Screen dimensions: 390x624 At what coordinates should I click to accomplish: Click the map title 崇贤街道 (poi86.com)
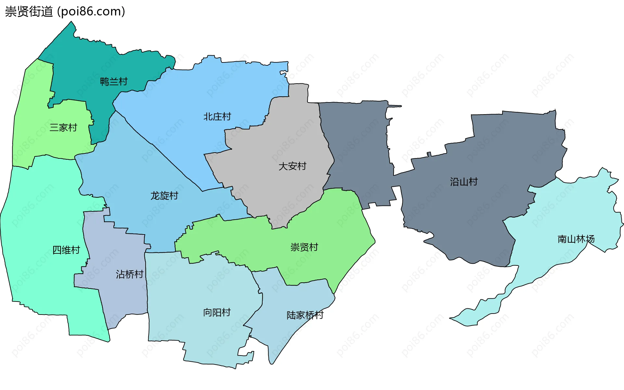pyautogui.click(x=65, y=12)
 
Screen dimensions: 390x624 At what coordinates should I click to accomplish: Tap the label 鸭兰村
pyautogui.click(x=114, y=81)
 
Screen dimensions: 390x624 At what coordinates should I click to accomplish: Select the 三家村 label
pyautogui.click(x=63, y=127)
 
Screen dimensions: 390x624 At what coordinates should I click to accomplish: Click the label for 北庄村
pyautogui.click(x=217, y=116)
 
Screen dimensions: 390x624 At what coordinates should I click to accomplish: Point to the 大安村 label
pyautogui.click(x=292, y=166)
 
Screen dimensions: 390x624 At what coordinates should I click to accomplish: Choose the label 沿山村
pyautogui.click(x=464, y=182)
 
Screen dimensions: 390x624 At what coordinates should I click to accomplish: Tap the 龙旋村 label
pyautogui.click(x=164, y=195)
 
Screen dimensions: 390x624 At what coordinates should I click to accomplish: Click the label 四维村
pyautogui.click(x=66, y=250)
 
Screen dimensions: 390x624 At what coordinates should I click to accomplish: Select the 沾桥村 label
pyautogui.click(x=129, y=274)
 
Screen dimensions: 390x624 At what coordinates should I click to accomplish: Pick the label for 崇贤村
pyautogui.click(x=304, y=247)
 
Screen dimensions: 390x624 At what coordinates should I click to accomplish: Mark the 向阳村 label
pyautogui.click(x=217, y=312)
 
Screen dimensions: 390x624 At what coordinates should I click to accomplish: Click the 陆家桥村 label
pyautogui.click(x=305, y=315)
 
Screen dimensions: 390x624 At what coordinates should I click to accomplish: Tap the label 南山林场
pyautogui.click(x=576, y=239)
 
